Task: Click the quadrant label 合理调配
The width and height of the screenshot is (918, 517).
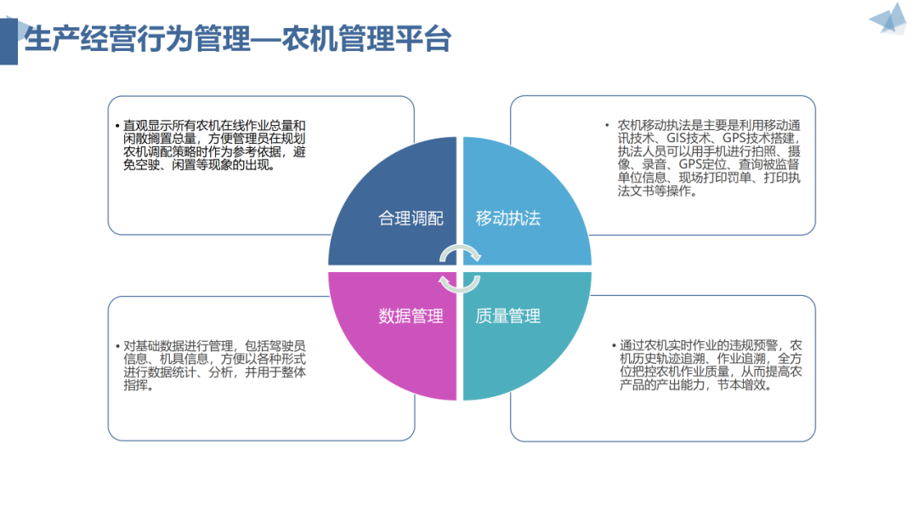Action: click(411, 218)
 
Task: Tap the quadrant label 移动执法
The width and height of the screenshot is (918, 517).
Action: click(508, 218)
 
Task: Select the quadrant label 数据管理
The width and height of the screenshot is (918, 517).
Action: click(411, 316)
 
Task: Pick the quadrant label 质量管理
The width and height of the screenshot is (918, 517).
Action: click(508, 316)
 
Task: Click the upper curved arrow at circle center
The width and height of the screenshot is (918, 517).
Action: click(463, 252)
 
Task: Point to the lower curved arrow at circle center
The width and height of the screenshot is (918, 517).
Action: click(456, 285)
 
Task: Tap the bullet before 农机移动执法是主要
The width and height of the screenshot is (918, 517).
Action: click(606, 124)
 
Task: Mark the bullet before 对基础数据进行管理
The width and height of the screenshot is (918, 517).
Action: click(117, 346)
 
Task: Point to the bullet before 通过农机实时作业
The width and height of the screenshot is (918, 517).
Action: click(614, 345)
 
